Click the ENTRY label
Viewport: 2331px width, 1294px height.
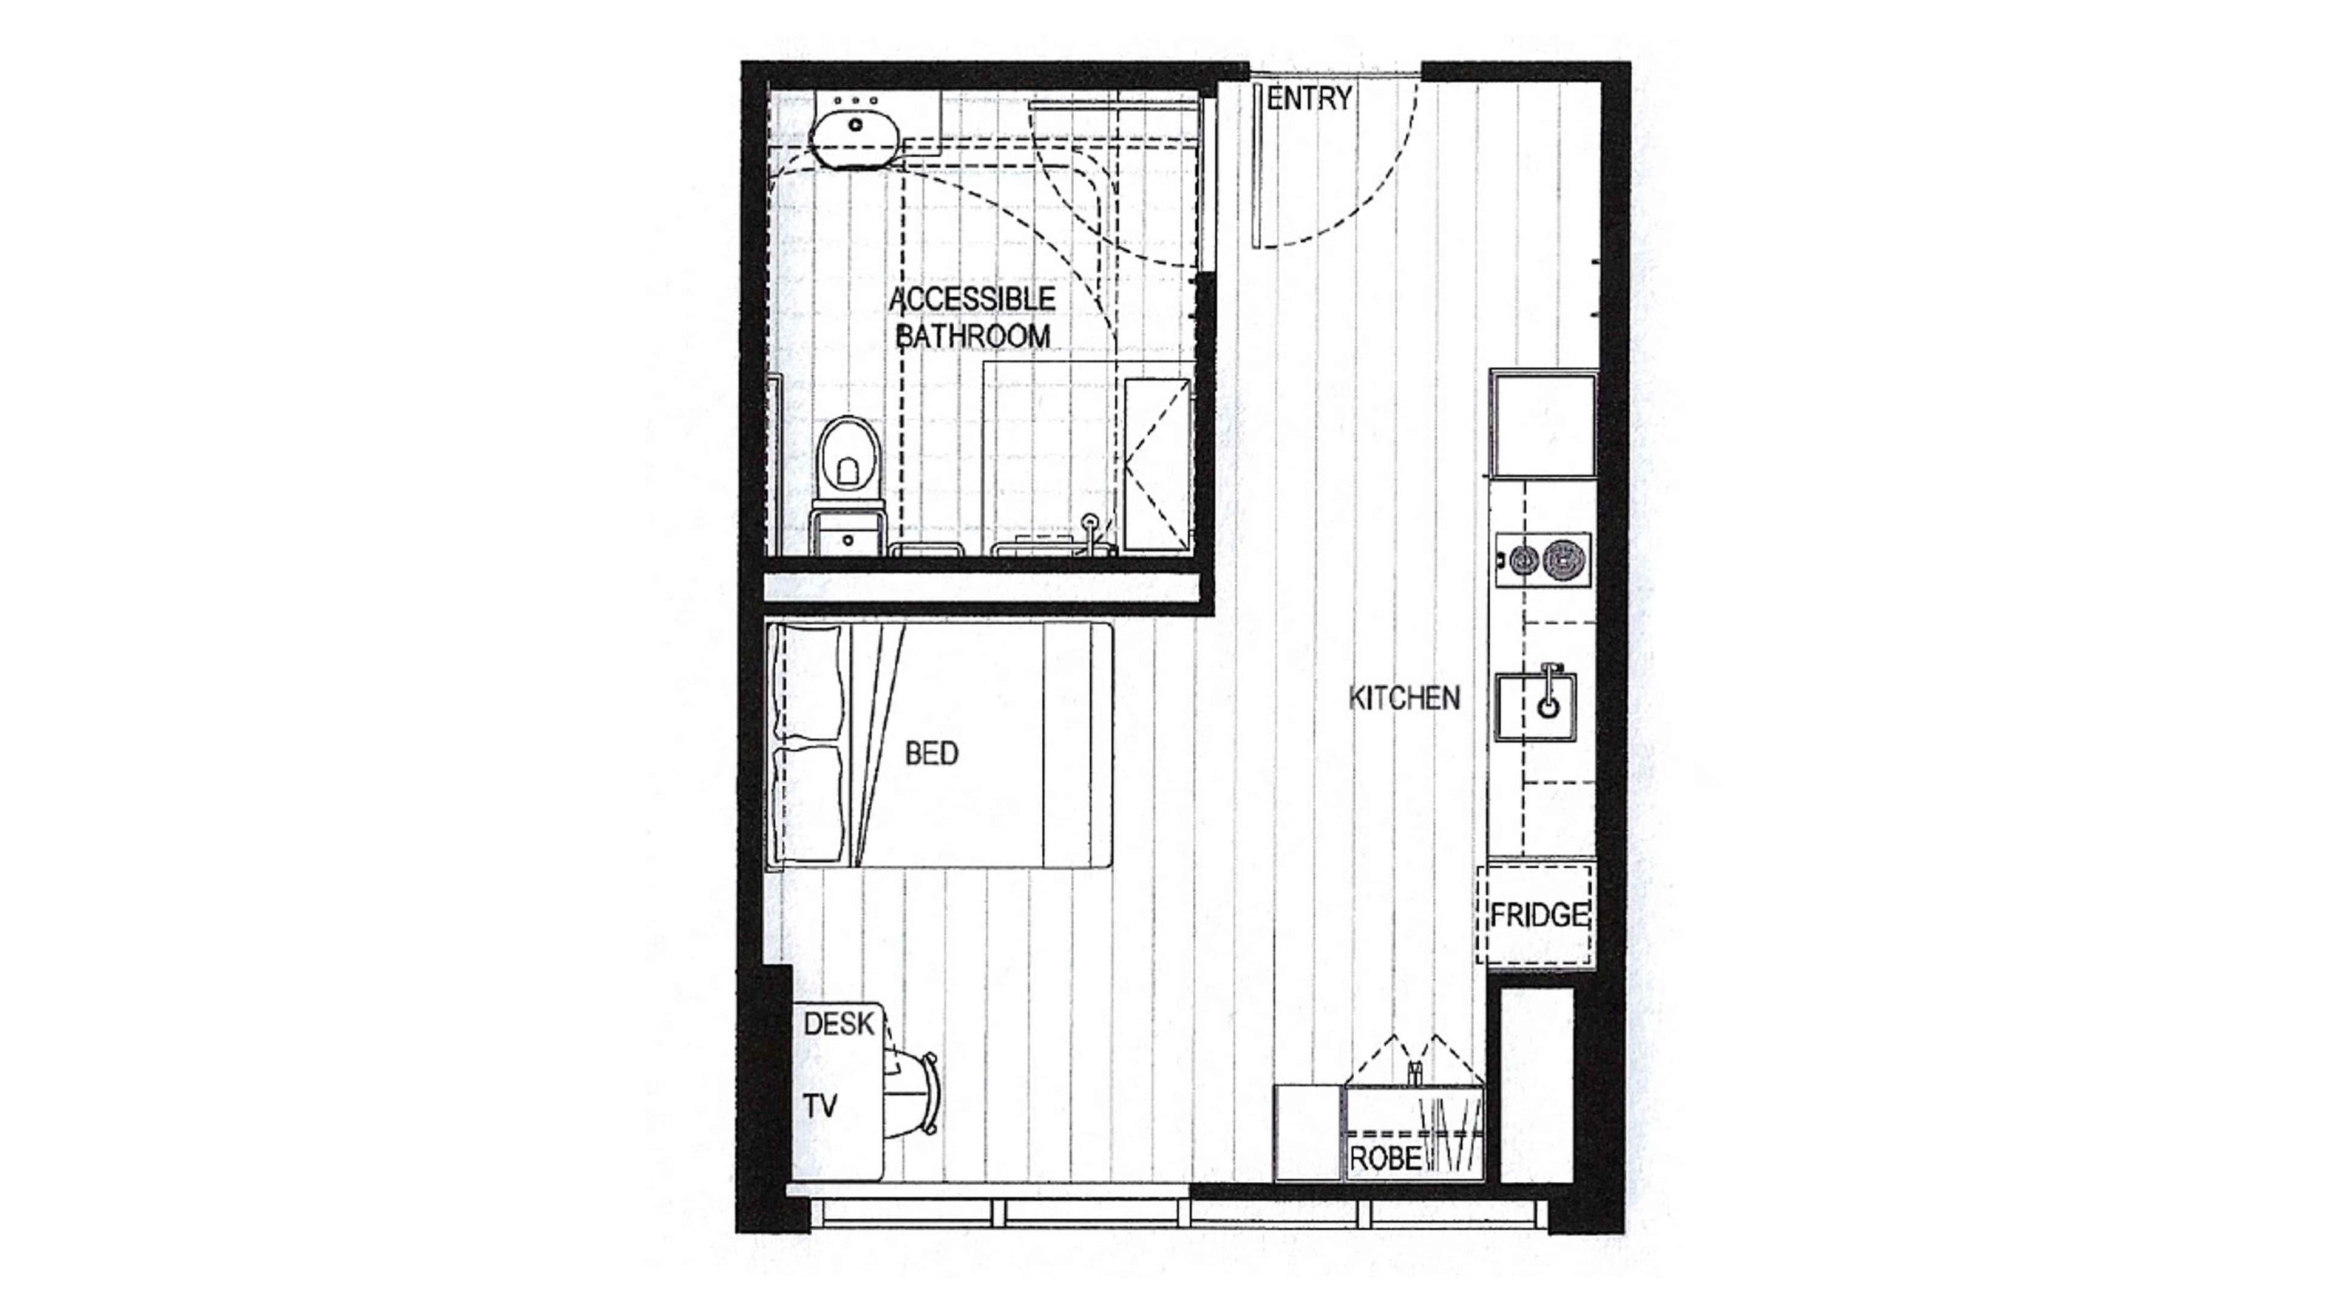tap(1309, 98)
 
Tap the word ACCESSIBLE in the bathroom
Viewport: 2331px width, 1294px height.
tap(972, 299)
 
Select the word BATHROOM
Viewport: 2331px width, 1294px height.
tap(972, 336)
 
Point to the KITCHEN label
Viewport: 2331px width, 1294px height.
tap(1403, 698)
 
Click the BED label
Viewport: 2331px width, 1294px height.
tap(931, 753)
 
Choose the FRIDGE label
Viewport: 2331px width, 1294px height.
tap(1538, 916)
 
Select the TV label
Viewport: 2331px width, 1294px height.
tap(820, 1105)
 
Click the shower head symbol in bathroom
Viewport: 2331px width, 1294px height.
tap(1092, 522)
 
